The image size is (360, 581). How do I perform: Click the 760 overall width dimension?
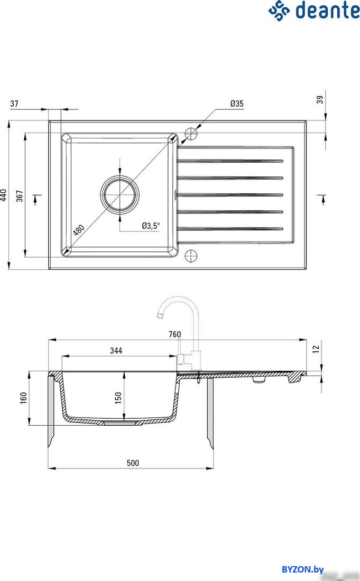[x=175, y=334]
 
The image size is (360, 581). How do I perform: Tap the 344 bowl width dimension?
[x=116, y=351]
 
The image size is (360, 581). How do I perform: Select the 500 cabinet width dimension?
[x=133, y=463]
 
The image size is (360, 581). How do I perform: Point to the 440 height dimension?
[x=5, y=196]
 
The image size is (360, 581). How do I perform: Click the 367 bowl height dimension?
[x=20, y=196]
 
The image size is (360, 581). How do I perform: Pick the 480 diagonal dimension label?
[x=79, y=230]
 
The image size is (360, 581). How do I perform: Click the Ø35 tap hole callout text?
[x=236, y=104]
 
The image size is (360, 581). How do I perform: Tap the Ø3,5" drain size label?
[x=151, y=226]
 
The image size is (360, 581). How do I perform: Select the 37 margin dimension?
[x=14, y=104]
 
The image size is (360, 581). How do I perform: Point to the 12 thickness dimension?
[x=316, y=349]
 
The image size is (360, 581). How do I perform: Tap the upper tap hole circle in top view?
[x=191, y=133]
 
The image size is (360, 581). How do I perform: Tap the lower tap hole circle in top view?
[x=191, y=257]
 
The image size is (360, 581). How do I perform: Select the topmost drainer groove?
[x=230, y=160]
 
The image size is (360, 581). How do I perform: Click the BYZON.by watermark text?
[x=302, y=569]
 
